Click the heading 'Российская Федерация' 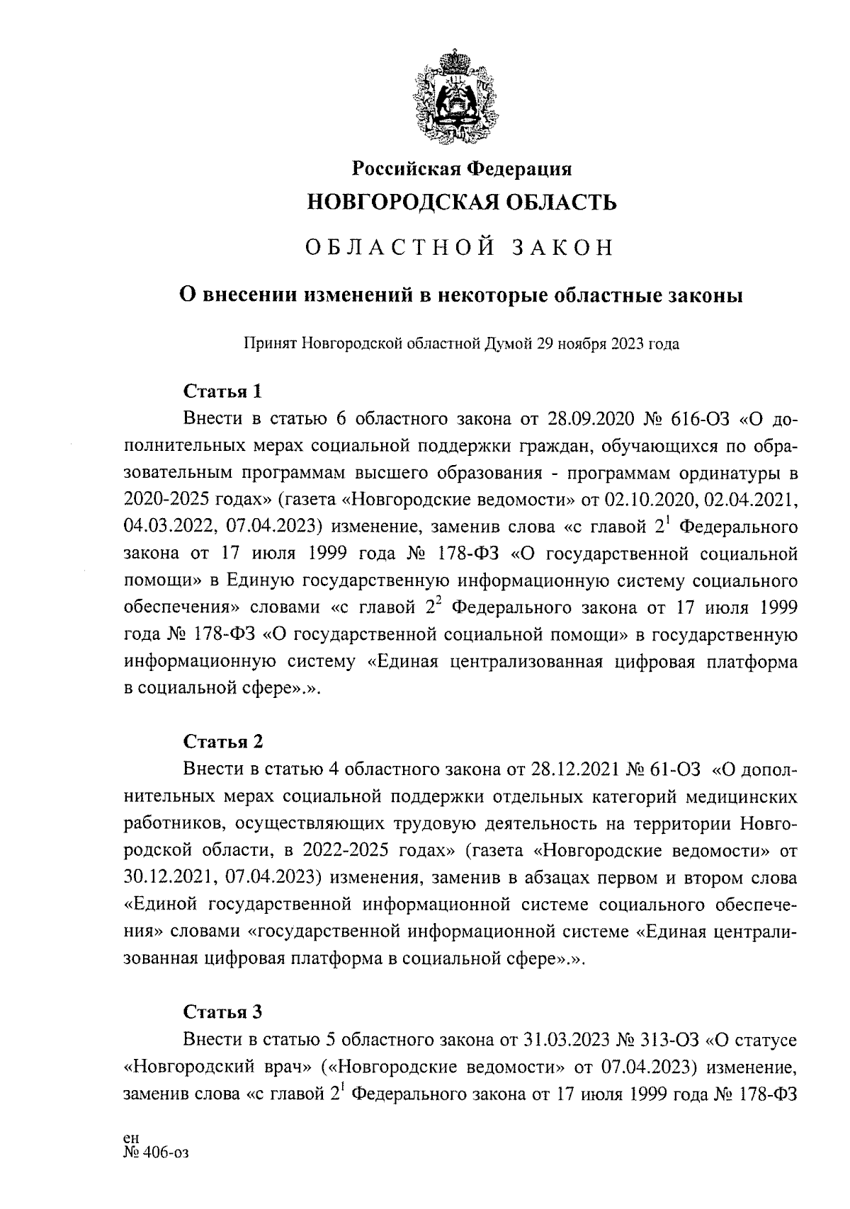463,168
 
